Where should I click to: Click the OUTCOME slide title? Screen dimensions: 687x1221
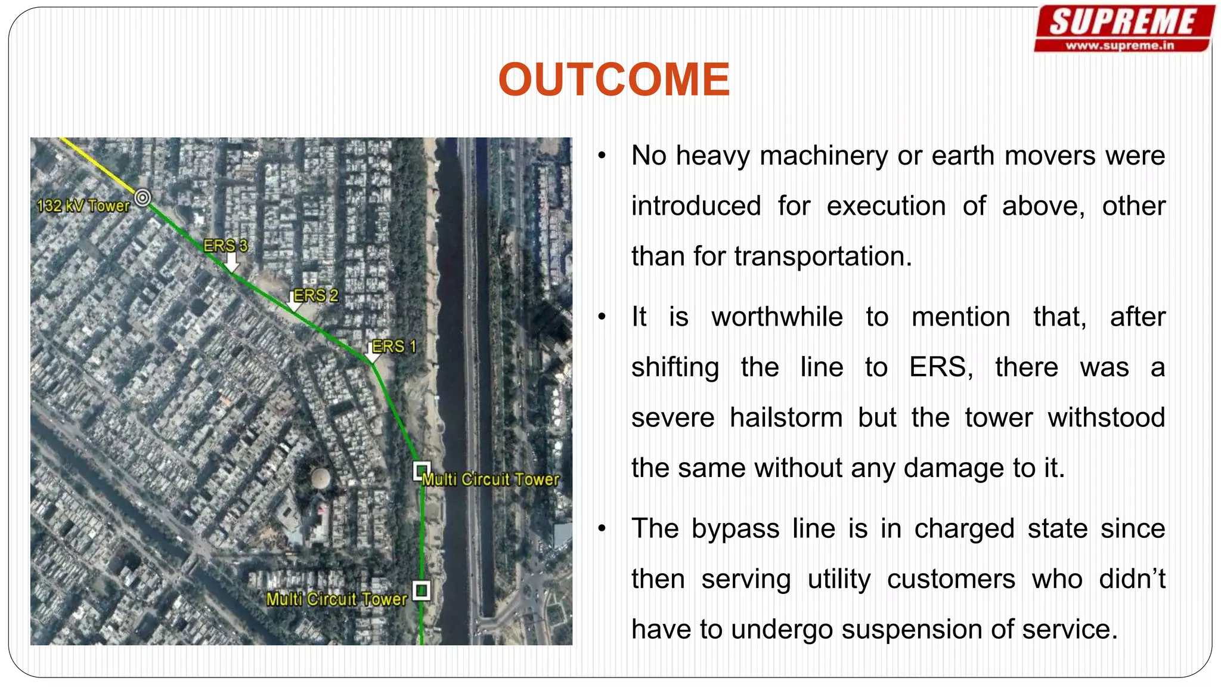tap(613, 79)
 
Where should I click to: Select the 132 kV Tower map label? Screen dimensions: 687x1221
tap(83, 206)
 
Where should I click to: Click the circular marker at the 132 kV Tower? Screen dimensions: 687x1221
tap(142, 197)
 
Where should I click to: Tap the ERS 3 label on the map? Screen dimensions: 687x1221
tap(225, 245)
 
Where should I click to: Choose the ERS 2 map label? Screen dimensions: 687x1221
tap(315, 295)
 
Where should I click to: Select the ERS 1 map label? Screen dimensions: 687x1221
tap(393, 346)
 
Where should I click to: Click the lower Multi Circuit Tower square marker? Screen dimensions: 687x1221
tap(422, 590)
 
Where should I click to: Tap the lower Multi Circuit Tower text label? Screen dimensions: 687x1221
tap(336, 599)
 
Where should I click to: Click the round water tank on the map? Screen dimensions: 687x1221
tap(321, 476)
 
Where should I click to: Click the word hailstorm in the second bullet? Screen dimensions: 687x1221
tap(786, 417)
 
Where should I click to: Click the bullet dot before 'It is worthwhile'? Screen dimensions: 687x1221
tap(602, 317)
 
